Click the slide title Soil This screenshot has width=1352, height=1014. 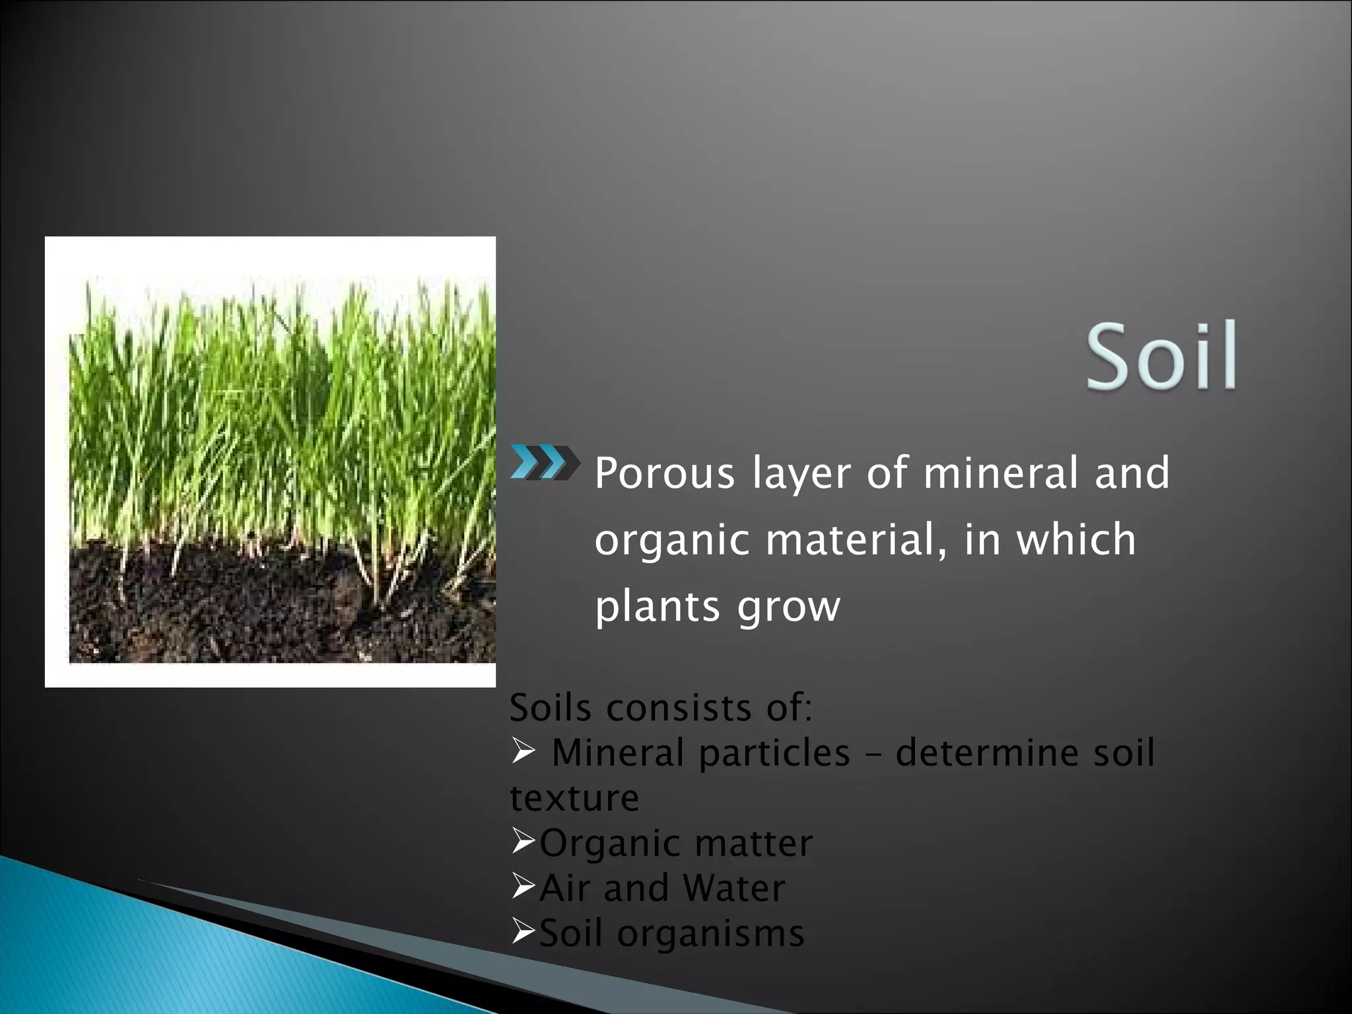tap(1161, 356)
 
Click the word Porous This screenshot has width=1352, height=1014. tap(664, 473)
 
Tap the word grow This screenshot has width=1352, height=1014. tap(788, 608)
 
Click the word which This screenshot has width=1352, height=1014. tap(1076, 539)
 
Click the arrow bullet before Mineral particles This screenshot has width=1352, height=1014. tap(522, 751)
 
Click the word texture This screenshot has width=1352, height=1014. tap(574, 797)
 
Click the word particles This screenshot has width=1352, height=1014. tap(774, 753)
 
